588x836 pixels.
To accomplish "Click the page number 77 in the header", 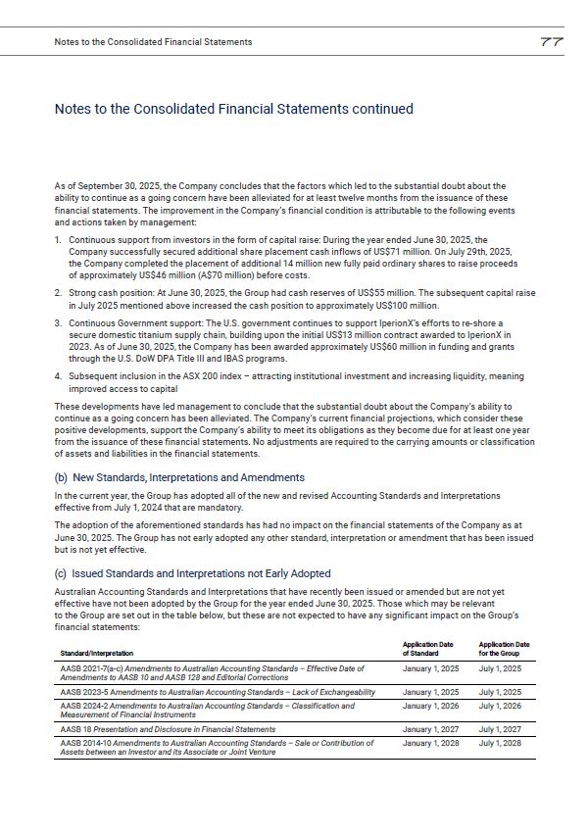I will (550, 42).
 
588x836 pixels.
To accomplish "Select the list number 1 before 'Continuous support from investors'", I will (58, 239).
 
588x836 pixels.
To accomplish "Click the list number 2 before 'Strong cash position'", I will (58, 292).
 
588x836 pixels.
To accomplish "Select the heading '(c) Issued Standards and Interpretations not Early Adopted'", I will (192, 573).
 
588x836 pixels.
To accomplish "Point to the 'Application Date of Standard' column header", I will (428, 649).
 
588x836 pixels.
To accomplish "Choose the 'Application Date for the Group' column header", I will (504, 649).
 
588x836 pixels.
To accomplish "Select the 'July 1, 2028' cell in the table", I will (500, 743).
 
